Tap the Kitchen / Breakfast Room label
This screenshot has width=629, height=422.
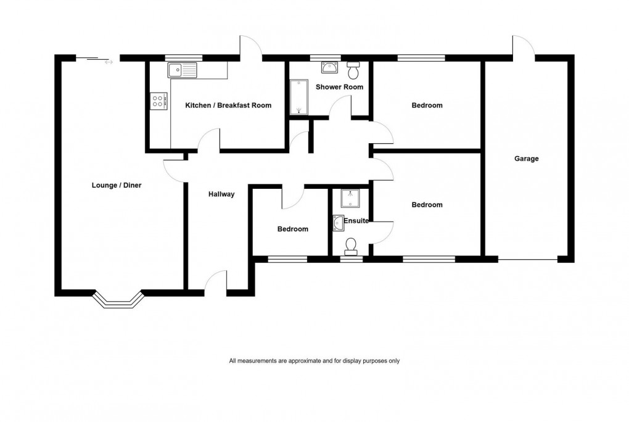tap(228, 105)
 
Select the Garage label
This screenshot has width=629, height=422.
tap(527, 159)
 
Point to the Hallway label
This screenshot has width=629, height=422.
tap(221, 194)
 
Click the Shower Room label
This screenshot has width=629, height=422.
tap(339, 87)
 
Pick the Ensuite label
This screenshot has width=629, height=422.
tap(356, 220)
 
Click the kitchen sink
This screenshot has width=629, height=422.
tap(181, 70)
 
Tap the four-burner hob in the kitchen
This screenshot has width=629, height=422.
tap(157, 101)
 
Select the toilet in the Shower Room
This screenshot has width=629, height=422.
tap(353, 71)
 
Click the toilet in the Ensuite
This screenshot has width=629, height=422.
tap(351, 246)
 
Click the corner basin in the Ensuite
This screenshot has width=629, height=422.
tap(338, 222)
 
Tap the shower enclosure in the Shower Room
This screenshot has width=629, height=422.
tap(298, 97)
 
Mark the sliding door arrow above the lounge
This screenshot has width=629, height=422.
tap(109, 62)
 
